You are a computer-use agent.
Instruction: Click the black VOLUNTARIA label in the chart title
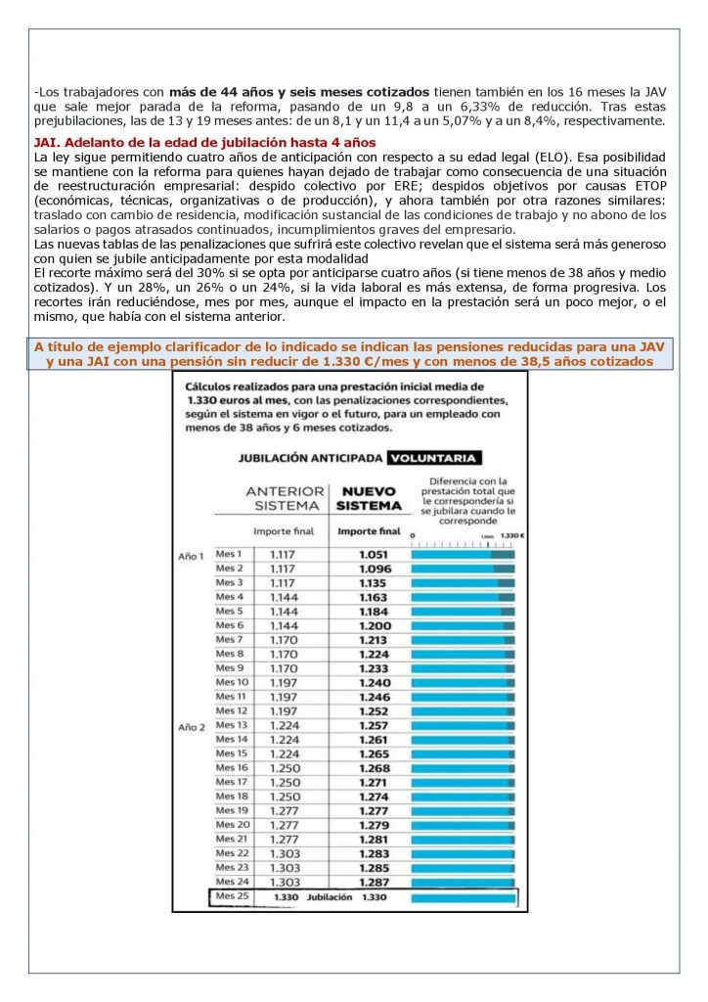click(433, 457)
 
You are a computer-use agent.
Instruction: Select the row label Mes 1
click(229, 554)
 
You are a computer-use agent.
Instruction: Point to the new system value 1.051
click(373, 554)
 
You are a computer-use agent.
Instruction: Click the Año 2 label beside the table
click(192, 727)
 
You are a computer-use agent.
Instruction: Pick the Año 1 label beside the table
click(192, 556)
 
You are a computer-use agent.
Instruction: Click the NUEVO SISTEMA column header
click(369, 497)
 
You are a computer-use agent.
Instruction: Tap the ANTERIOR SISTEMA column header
click(286, 497)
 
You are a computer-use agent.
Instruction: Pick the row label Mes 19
click(231, 810)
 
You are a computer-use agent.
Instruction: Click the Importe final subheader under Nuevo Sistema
click(369, 531)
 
